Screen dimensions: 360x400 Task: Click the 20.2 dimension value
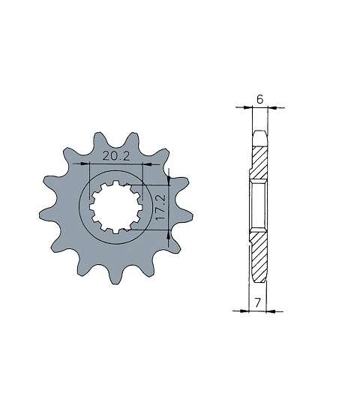(x=116, y=156)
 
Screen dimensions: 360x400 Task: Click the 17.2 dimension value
(x=160, y=207)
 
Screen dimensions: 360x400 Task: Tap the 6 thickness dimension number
(x=259, y=99)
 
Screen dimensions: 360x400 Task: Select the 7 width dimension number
(x=258, y=302)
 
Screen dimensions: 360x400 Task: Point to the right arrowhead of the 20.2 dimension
(x=147, y=164)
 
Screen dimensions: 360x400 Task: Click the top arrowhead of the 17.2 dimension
(x=169, y=180)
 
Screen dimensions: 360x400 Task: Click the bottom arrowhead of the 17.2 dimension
(x=169, y=234)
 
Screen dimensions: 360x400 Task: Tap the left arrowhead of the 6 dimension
(x=247, y=107)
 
